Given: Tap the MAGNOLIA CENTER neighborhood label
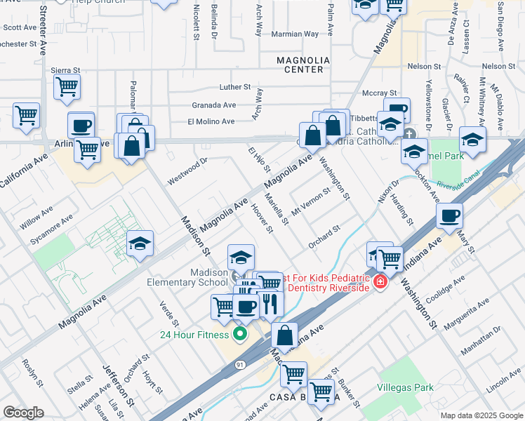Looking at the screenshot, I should click(x=300, y=65).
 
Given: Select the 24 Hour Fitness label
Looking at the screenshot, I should click(x=190, y=334).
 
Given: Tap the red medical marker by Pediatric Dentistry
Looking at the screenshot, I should click(x=380, y=282).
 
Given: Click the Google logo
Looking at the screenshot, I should click(x=23, y=413).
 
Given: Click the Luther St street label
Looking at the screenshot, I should click(x=235, y=87).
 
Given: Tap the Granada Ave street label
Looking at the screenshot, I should click(x=214, y=105).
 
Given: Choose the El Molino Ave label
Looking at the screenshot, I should click(x=211, y=121).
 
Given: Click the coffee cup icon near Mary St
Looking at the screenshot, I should click(x=449, y=217).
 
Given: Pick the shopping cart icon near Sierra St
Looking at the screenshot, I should click(x=67, y=87).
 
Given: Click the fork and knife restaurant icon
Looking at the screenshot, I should click(x=270, y=304).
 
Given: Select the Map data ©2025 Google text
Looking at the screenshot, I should click(x=481, y=415).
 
